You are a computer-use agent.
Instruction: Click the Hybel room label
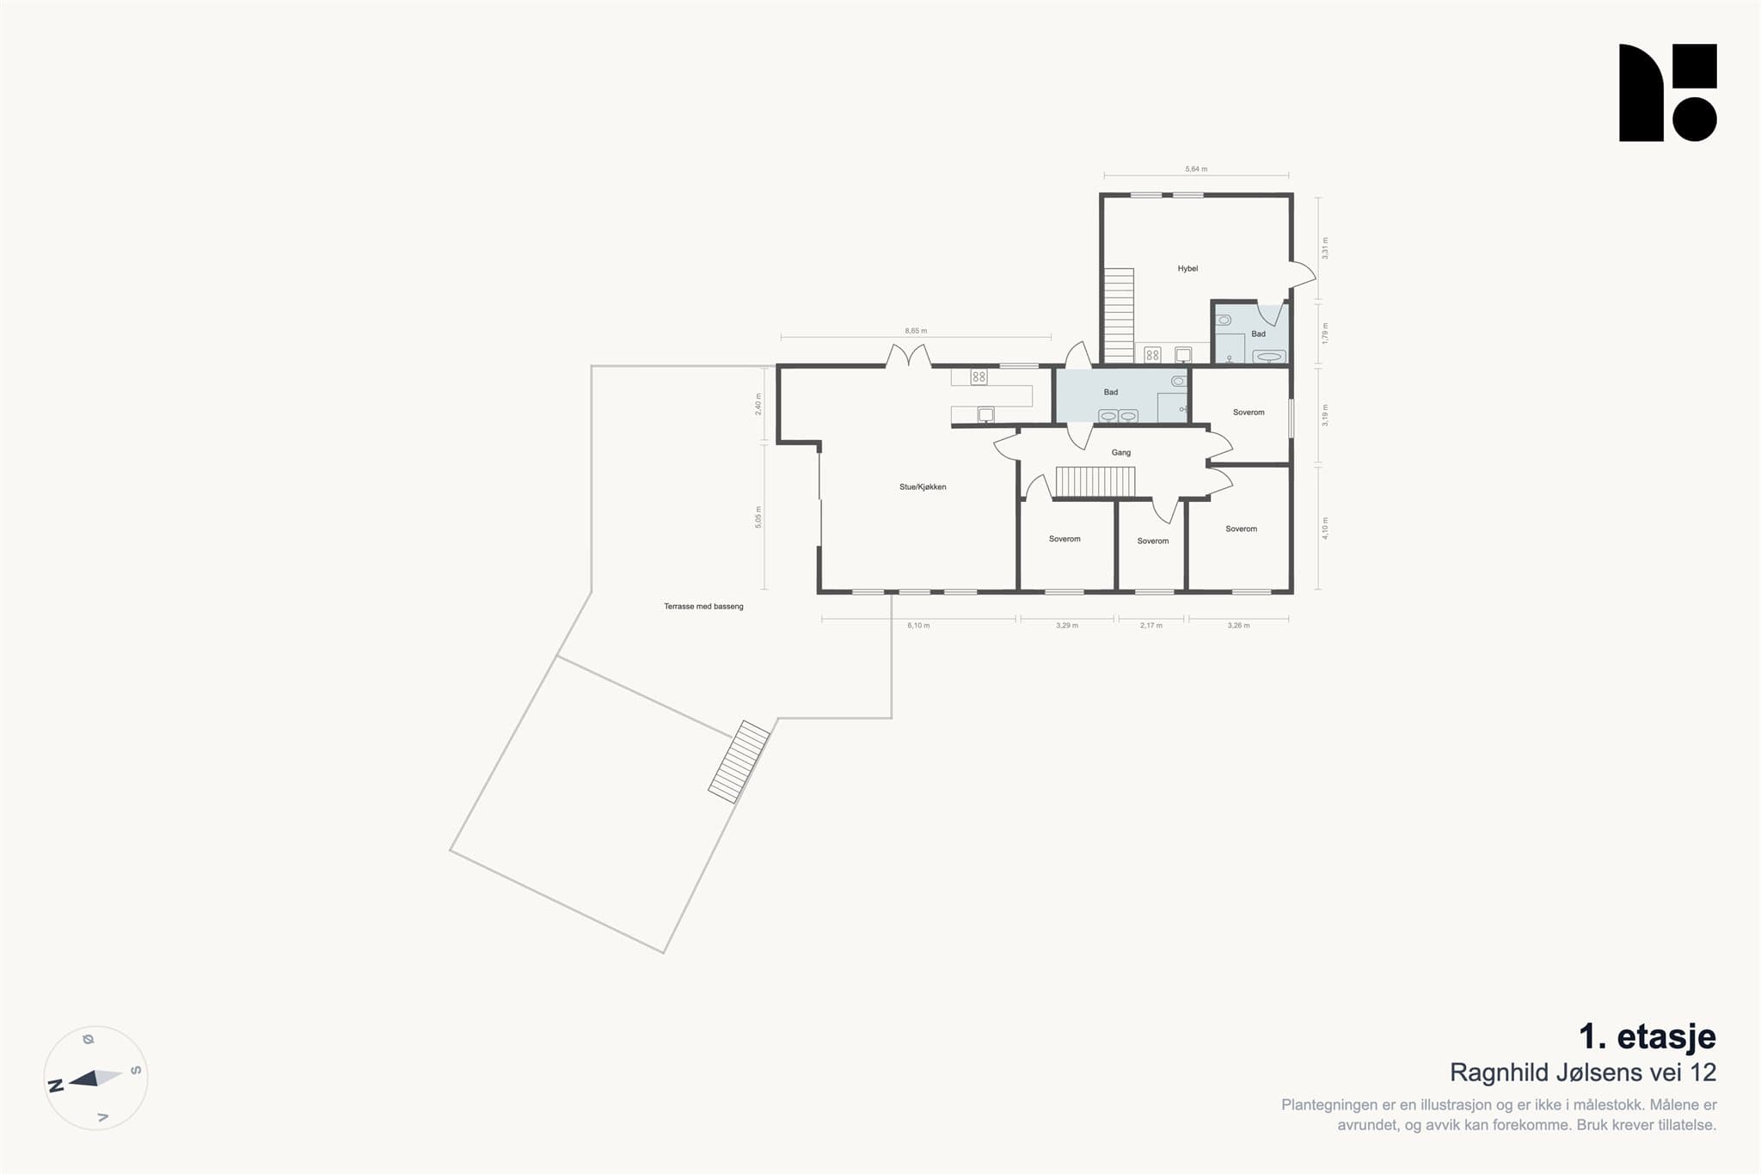coord(1187,269)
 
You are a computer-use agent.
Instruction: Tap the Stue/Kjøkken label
coord(923,487)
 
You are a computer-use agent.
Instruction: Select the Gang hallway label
coord(1121,453)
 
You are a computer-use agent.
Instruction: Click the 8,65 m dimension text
coord(916,331)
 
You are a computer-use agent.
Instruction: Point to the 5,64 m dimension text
coord(1196,169)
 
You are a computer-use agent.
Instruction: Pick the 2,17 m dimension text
coord(1151,626)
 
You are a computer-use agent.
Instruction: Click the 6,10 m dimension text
coord(918,626)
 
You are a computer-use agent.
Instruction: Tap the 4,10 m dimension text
coord(1325,528)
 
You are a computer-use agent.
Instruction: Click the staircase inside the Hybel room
coord(1119,315)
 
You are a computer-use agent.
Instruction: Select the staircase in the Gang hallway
coord(1095,481)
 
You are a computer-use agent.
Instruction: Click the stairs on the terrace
coord(739,761)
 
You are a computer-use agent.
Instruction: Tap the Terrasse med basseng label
coord(703,607)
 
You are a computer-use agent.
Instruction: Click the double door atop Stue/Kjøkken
coord(909,356)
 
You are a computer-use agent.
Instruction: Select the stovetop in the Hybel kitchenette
coord(1152,355)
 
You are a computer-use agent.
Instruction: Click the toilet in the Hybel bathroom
coord(1224,321)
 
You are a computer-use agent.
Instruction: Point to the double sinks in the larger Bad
coord(1119,416)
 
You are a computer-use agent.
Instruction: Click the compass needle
coord(95,1078)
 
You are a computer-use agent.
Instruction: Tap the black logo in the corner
coord(1668,93)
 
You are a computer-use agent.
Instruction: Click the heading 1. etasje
coord(1647,1036)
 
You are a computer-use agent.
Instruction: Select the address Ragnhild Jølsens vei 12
coord(1583,1073)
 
